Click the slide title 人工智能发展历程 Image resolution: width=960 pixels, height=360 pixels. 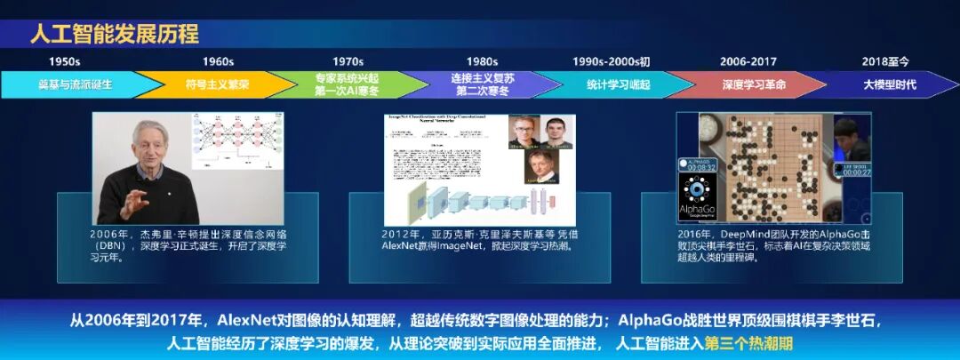(115, 35)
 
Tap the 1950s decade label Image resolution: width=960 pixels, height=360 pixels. (64, 61)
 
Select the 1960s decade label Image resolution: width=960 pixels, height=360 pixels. (218, 61)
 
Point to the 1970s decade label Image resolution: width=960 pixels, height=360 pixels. (348, 61)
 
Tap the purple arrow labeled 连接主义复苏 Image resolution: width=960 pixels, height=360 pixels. (482, 84)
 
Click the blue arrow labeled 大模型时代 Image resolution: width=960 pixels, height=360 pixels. (889, 84)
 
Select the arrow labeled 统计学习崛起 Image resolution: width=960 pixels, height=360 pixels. (618, 84)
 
